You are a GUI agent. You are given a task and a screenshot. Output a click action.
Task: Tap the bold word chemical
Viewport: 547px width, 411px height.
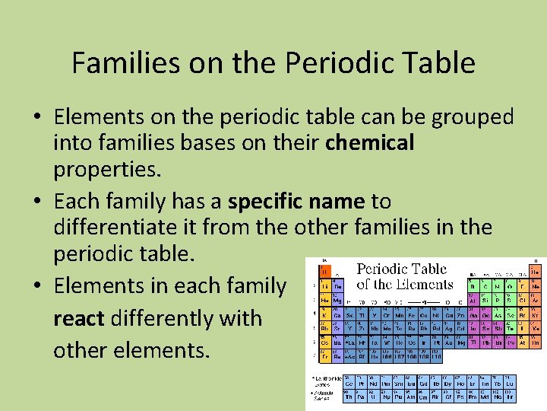370,142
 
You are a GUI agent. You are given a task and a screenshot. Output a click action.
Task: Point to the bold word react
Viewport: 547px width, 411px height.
78,317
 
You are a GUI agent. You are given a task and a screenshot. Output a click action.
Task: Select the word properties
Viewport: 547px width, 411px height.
105,168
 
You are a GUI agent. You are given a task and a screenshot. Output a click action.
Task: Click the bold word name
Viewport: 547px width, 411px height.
338,202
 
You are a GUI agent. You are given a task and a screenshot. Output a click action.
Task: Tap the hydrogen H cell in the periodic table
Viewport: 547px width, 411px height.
324,270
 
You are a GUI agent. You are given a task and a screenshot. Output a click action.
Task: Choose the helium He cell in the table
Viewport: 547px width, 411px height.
536,270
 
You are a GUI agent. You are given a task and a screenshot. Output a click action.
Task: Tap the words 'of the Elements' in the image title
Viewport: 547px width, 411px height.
404,285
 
